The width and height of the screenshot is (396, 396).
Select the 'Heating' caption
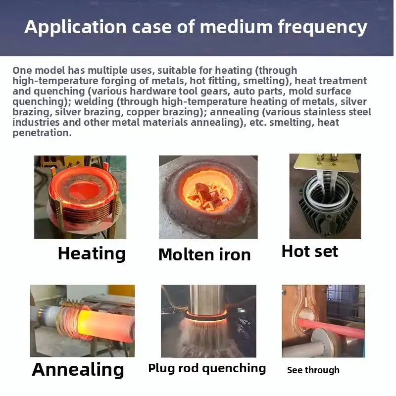[x=92, y=253]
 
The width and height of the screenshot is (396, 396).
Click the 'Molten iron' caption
[x=204, y=255]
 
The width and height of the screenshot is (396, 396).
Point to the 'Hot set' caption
[x=309, y=251]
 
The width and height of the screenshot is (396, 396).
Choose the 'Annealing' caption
[x=78, y=369]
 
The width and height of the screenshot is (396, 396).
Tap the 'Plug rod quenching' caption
[x=207, y=368]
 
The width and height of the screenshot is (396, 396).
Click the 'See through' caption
[x=313, y=370]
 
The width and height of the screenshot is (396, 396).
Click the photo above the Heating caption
[x=80, y=197]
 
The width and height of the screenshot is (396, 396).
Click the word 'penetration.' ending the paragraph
[x=42, y=133]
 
